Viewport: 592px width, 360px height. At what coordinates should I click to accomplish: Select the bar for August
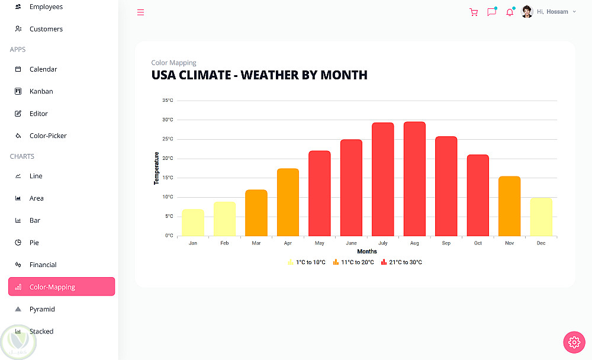(414, 179)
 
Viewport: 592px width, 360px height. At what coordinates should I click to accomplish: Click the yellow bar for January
(193, 223)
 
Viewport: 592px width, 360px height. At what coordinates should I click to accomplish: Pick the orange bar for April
(288, 202)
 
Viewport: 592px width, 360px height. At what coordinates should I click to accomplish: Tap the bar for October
(478, 195)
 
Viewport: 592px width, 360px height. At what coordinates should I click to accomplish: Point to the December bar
(541, 217)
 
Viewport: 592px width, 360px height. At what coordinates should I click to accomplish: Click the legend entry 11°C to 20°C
(353, 262)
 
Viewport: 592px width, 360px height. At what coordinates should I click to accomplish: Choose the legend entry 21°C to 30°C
(401, 262)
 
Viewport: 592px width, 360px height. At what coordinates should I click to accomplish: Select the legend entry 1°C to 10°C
(307, 262)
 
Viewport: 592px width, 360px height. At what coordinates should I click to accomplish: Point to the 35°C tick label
(168, 100)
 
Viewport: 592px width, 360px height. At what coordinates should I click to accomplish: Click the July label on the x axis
(383, 243)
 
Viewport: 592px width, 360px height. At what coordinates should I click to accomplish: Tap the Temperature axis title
(156, 168)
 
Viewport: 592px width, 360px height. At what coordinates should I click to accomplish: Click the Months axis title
(367, 251)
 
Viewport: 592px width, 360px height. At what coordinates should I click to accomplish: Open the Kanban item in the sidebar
(41, 91)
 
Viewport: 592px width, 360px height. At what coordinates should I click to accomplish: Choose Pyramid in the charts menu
(42, 309)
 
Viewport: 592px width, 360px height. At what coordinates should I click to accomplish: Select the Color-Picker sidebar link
(48, 136)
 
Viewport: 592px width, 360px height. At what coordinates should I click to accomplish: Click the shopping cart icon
(474, 12)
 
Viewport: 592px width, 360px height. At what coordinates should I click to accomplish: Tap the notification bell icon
(510, 12)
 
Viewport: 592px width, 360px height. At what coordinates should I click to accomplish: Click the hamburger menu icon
(140, 12)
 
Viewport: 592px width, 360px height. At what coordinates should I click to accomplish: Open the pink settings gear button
(574, 342)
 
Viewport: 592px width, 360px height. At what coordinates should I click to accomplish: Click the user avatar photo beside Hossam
(527, 12)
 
